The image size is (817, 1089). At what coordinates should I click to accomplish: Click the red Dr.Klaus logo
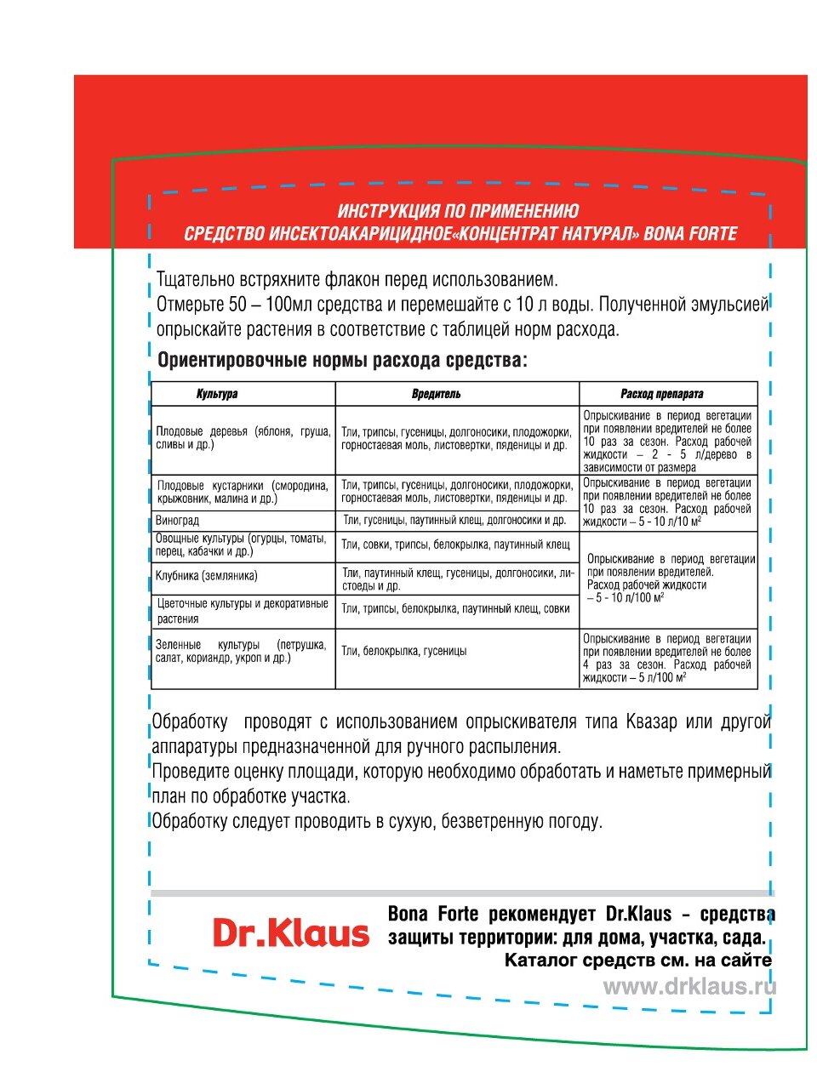click(290, 933)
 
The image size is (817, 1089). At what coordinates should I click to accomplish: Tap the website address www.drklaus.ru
click(689, 987)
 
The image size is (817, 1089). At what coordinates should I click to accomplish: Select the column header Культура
click(217, 394)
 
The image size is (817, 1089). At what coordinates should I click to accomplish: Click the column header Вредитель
click(436, 394)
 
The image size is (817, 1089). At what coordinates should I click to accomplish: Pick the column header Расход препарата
click(661, 394)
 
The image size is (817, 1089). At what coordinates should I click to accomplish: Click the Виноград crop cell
click(178, 521)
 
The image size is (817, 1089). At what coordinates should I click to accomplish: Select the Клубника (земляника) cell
click(207, 576)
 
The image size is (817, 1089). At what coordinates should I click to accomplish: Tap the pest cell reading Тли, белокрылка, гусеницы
click(404, 651)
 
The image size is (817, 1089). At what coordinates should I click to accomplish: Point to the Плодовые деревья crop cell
click(243, 438)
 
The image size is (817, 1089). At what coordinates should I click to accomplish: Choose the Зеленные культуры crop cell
click(241, 651)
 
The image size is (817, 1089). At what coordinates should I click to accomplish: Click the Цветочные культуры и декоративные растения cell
click(243, 611)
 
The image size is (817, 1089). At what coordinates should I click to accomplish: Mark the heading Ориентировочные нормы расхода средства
click(342, 361)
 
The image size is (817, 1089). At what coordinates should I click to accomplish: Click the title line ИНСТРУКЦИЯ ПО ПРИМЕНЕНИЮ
click(458, 211)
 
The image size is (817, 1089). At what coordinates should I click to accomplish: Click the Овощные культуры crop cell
click(241, 544)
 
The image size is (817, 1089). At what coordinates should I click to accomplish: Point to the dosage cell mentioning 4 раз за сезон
click(667, 658)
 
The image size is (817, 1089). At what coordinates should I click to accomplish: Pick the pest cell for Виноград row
click(454, 521)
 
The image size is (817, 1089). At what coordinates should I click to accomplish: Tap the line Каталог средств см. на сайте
click(638, 961)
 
